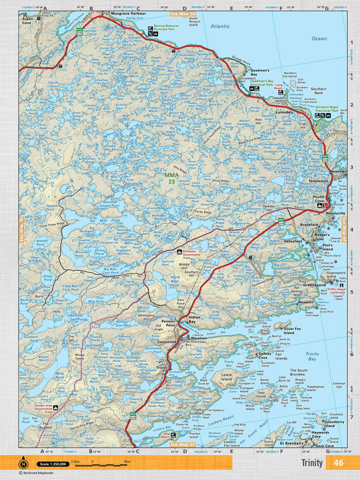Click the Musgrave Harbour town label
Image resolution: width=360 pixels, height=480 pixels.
129,12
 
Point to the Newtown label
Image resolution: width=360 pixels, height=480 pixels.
337,171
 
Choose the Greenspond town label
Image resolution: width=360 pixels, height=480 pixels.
314,285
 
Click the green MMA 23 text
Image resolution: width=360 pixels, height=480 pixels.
171,178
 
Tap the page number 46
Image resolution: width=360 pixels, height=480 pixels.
338,463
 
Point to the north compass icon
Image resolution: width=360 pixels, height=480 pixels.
22,464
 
